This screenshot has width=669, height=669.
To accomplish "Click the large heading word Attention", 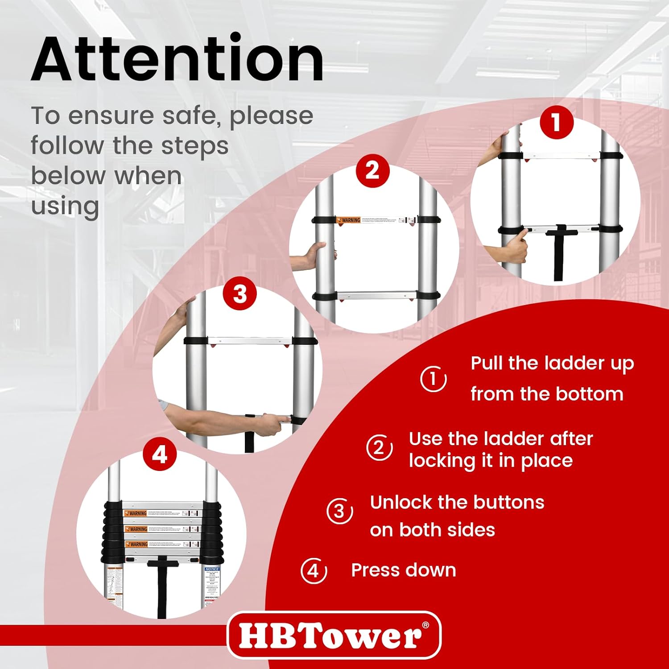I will [178, 59].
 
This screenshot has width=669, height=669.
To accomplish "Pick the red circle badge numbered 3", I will [240, 294].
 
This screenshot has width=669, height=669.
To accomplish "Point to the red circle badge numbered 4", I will [160, 455].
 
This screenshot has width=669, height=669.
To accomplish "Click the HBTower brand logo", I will [334, 635].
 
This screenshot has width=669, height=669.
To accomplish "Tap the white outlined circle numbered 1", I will [433, 379].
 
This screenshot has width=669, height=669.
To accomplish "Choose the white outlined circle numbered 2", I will [379, 448].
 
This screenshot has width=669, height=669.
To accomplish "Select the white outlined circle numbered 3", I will [340, 511].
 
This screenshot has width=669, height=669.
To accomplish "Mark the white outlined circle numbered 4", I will [314, 570].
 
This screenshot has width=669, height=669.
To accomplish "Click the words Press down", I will [404, 570].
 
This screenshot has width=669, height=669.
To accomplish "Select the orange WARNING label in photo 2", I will [349, 220].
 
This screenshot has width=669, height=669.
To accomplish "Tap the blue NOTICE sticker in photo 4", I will [212, 569].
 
